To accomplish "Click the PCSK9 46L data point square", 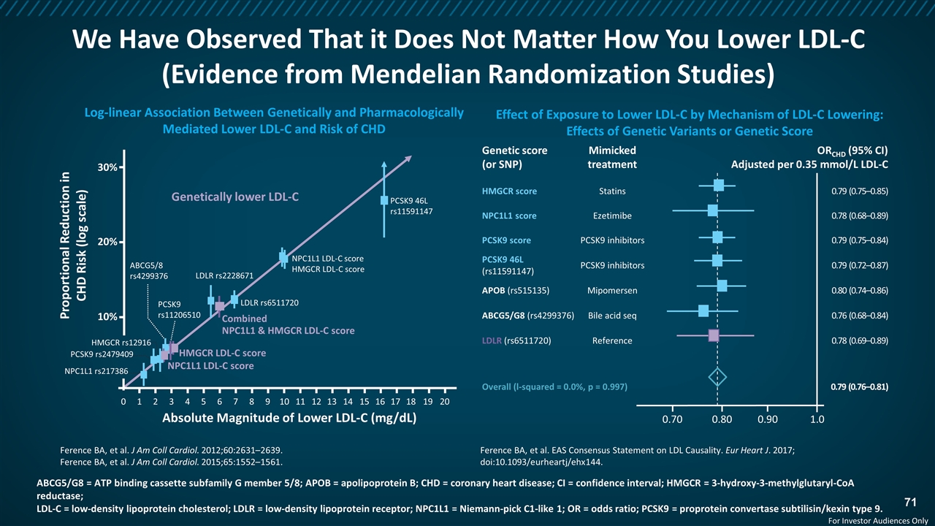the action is tap(384, 200).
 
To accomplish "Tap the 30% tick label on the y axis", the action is tap(107, 167).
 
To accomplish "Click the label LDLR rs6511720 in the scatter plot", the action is tap(270, 302).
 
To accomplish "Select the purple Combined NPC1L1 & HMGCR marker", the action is tap(220, 306).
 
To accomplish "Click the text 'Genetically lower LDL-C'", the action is tap(235, 197).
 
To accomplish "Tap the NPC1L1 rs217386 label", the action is tap(96, 371).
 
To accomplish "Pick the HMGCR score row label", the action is tap(509, 191).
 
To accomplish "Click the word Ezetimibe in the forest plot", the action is tap(612, 216).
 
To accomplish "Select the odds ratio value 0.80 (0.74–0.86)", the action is tap(860, 291).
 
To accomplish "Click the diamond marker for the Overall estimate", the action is tap(717, 377).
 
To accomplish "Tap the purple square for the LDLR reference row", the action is tap(714, 335).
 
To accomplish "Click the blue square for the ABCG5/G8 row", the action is tap(703, 310).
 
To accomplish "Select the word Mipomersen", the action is tap(612, 291).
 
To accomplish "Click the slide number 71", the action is tap(910, 502).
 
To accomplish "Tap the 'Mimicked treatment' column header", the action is tap(612, 157).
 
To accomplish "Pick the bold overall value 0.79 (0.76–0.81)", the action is tap(860, 386).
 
